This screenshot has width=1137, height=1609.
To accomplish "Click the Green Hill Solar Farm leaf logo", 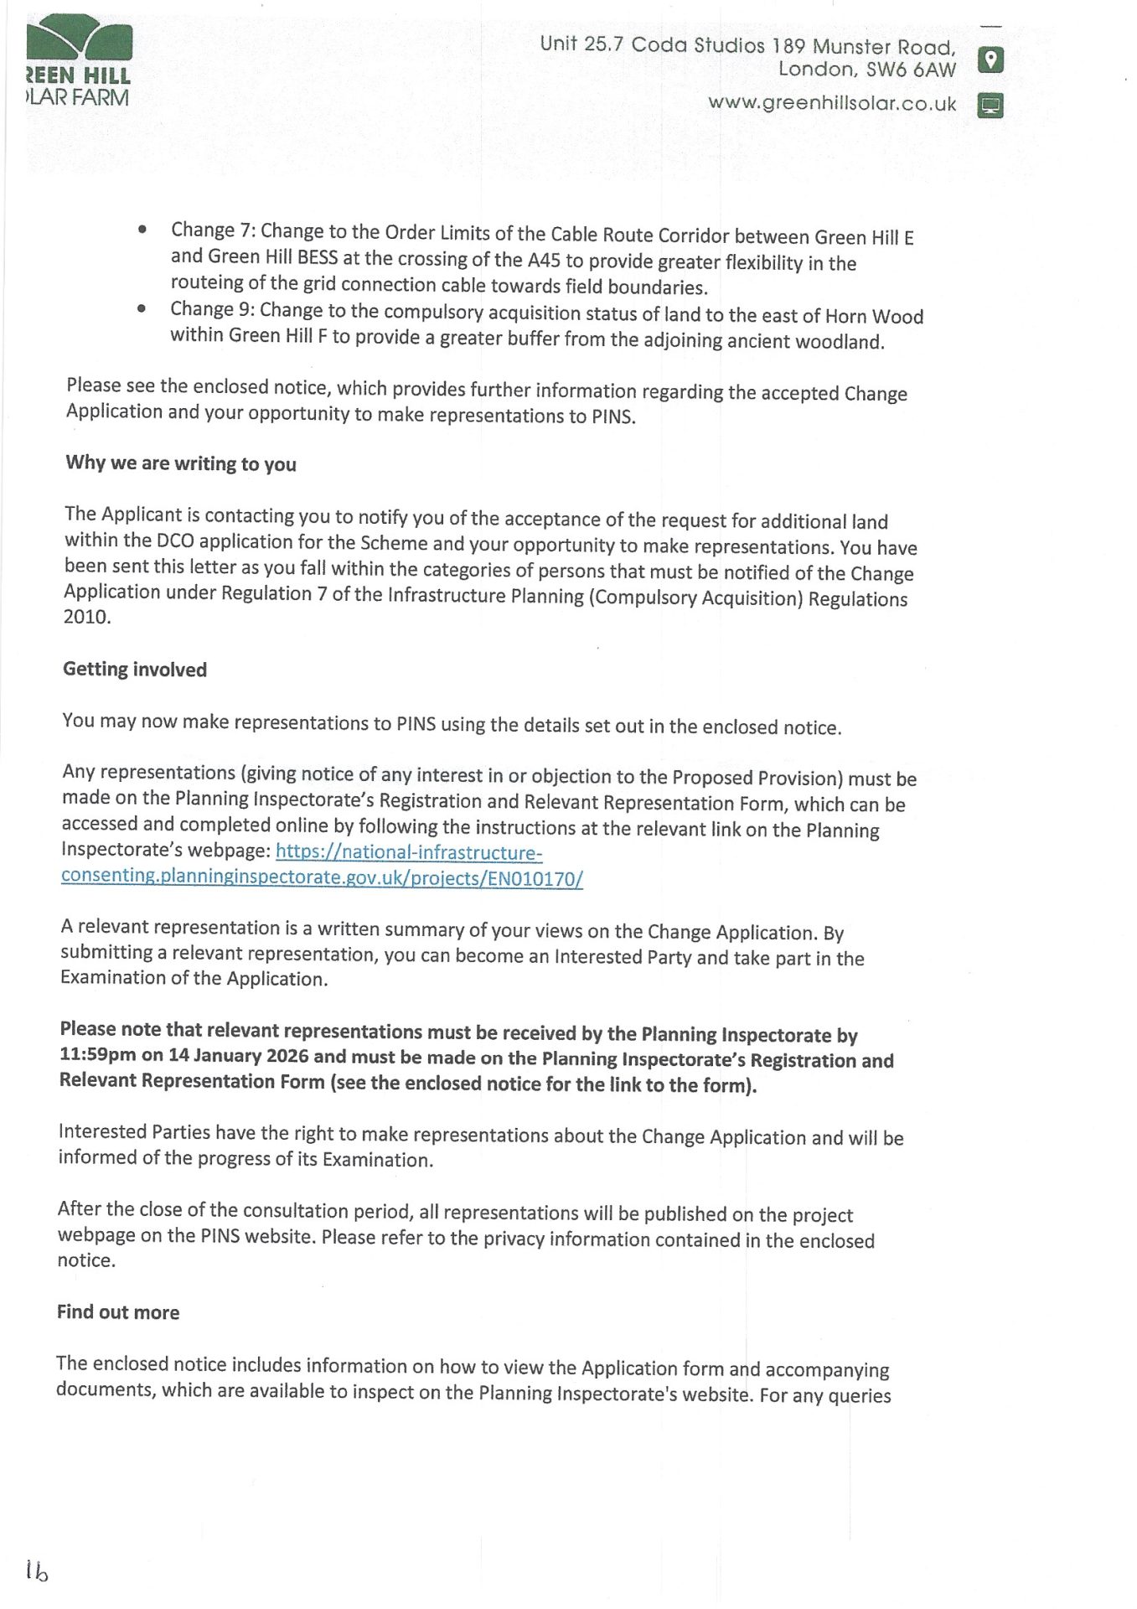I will [79, 39].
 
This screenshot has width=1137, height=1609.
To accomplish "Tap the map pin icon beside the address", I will [990, 59].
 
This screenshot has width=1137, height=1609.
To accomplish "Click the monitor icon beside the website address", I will [990, 106].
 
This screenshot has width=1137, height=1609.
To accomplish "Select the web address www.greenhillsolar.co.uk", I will [831, 104].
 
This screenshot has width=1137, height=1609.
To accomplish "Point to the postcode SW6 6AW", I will [911, 70].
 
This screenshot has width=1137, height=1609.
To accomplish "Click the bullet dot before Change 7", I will [143, 229].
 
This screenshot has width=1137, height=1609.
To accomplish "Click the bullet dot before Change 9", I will [142, 308].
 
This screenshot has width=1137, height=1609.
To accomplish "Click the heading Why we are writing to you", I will [181, 463].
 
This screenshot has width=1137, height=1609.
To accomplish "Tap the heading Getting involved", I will [135, 670].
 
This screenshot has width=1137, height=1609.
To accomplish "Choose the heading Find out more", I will [118, 1312].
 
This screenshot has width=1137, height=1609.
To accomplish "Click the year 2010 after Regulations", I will [86, 617].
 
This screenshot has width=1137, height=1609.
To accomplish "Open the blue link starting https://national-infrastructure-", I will [409, 852].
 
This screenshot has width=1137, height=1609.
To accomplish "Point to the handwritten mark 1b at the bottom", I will [37, 1570].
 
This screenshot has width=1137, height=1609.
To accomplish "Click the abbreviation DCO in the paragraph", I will [175, 541].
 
